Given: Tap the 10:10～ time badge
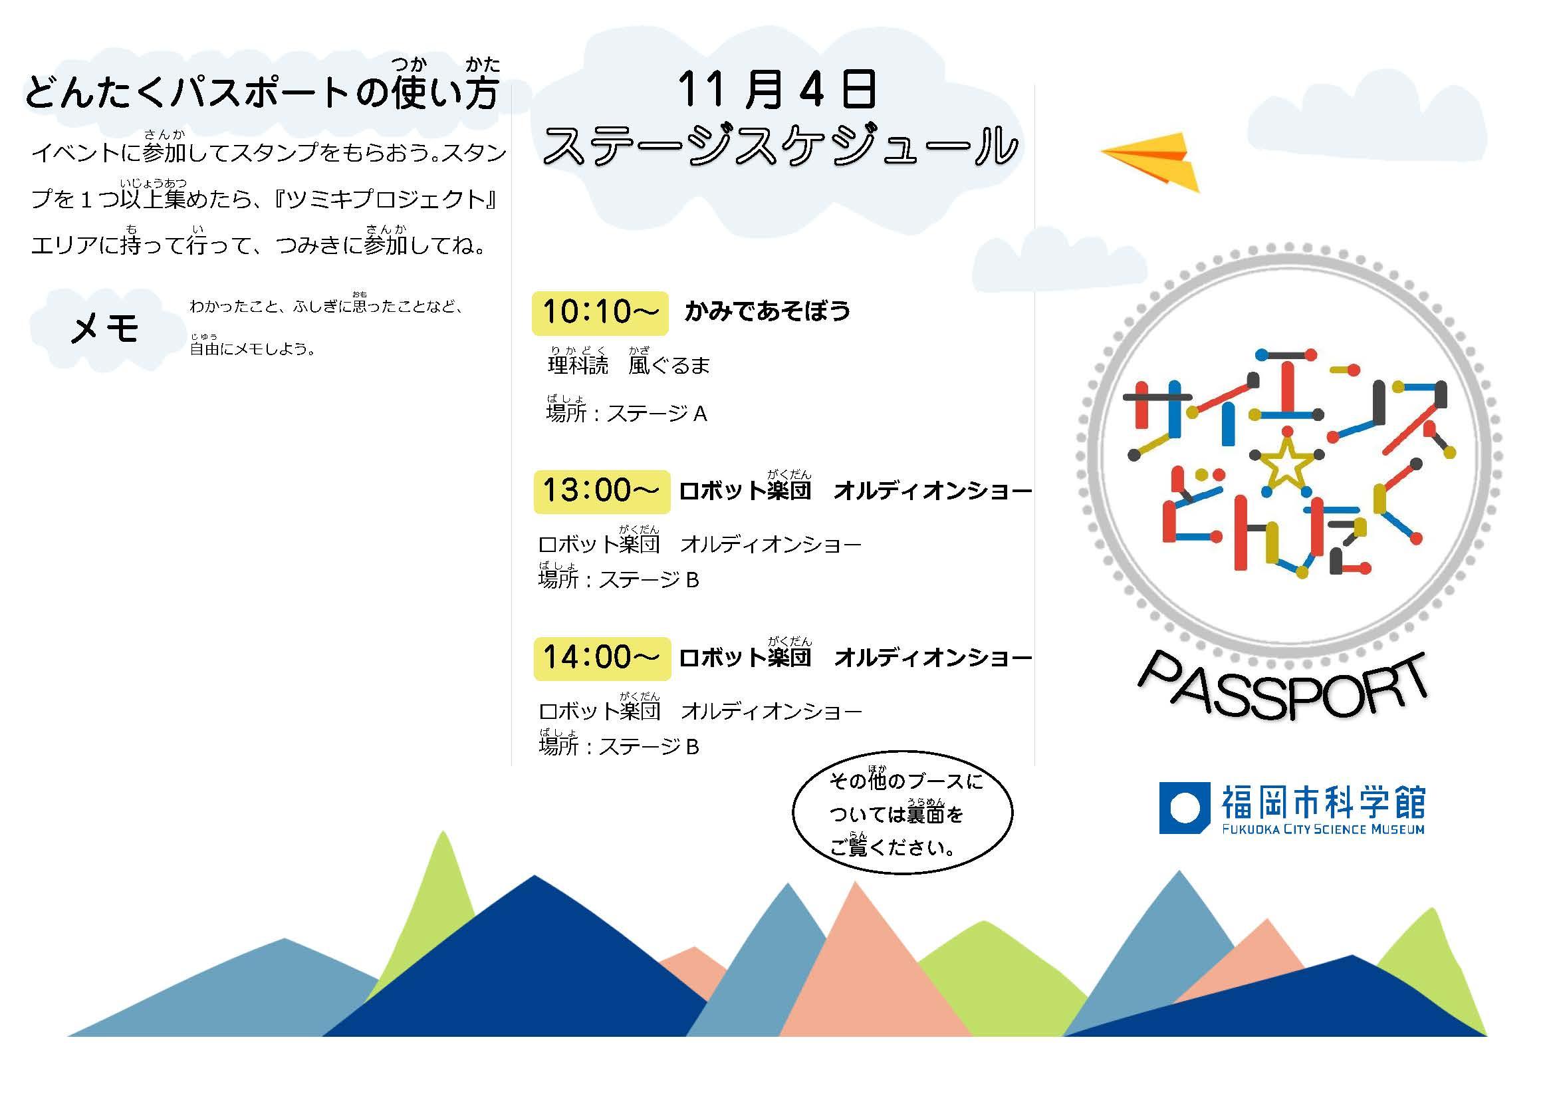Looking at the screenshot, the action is click(x=600, y=313).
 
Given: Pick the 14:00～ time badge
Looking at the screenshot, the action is click(x=602, y=658).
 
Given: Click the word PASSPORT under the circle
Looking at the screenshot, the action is click(x=1282, y=686).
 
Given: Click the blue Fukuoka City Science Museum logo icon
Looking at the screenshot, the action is click(x=1185, y=808).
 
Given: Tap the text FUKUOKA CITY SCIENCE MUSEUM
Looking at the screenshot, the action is click(x=1324, y=829).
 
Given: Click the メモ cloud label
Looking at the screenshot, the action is click(x=105, y=329).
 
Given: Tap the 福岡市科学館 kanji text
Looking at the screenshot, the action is click(x=1324, y=801).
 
